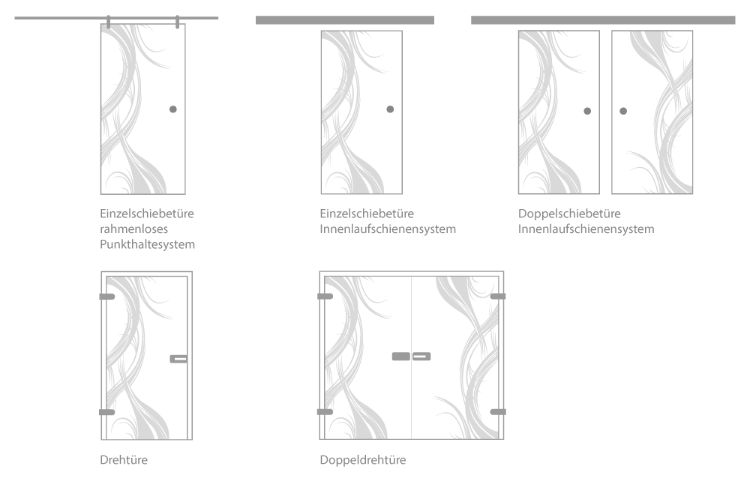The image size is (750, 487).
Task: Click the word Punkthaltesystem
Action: point(147,244)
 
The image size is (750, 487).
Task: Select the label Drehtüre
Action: point(124,460)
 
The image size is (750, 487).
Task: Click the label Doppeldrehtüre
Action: point(363,460)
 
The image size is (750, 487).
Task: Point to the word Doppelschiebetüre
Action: point(569,214)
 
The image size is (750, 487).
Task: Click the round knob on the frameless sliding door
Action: point(173,109)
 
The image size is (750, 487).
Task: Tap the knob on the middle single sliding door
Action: point(390,109)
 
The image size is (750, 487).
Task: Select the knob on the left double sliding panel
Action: point(587,112)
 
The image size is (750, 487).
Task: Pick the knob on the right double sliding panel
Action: point(623,112)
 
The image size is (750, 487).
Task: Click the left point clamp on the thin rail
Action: point(109,22)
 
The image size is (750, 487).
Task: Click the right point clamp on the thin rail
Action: point(178,22)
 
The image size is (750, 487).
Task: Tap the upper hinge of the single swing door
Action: point(107,297)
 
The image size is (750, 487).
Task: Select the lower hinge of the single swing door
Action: point(107,412)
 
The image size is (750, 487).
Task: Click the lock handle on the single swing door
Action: point(178,359)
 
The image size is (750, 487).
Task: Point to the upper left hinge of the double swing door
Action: point(325,297)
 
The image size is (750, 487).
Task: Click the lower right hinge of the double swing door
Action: point(498,412)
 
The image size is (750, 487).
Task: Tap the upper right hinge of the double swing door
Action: point(498,297)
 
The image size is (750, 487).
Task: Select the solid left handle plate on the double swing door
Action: point(400,357)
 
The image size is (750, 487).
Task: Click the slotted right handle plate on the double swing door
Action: point(421,357)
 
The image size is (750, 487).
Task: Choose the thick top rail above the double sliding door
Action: point(603,20)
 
